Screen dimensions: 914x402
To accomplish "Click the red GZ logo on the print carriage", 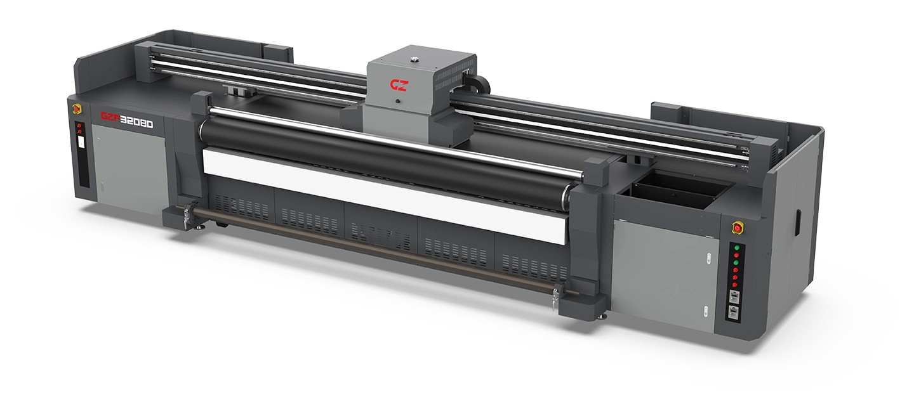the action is pos(399,85).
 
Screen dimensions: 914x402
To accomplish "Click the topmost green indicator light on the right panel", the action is pos(737,247).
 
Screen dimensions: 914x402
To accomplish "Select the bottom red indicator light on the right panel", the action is pos(735,285).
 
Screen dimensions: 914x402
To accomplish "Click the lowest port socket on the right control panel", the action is pos(733,313).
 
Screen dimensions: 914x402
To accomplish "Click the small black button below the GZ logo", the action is pos(397,101).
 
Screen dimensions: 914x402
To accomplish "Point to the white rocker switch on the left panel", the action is pos(81,142).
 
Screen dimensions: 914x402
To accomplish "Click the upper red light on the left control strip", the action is pos(79,126).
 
